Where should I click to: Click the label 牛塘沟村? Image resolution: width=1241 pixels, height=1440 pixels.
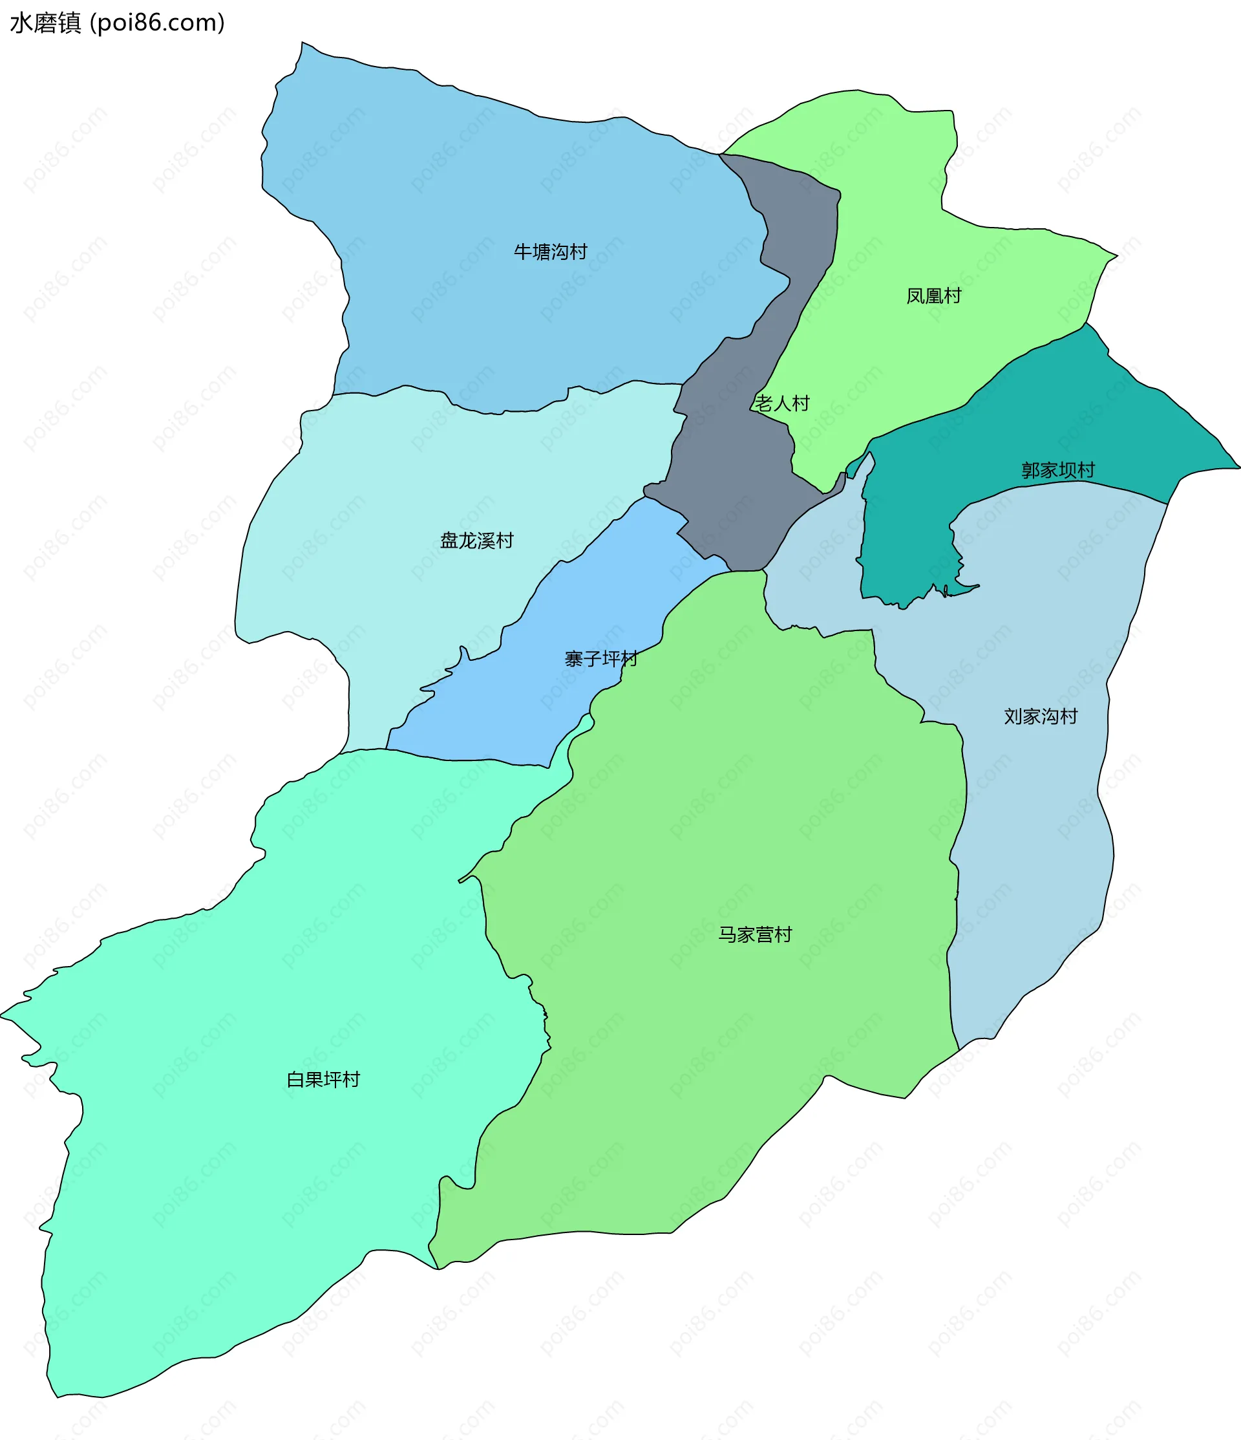point(550,252)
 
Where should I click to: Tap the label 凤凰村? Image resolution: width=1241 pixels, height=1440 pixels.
point(933,296)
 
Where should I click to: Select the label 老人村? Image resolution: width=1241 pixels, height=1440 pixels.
point(782,403)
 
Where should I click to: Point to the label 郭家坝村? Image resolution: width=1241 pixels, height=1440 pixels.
point(1057,471)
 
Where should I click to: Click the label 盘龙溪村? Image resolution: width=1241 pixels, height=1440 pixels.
point(476,541)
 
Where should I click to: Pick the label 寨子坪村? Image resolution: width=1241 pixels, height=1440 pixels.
point(601,659)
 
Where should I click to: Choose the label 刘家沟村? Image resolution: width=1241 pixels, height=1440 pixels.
point(1040,716)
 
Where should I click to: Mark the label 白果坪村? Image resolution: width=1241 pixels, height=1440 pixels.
point(323,1079)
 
